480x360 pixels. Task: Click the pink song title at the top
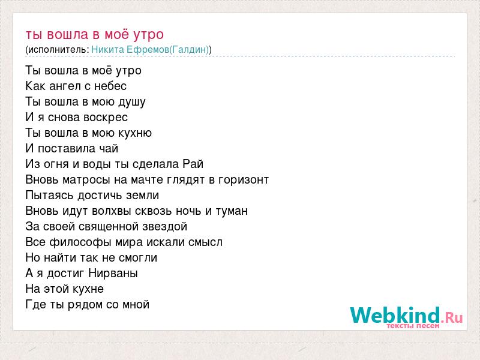pyautogui.click(x=95, y=35)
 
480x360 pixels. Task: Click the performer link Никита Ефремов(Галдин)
pyautogui.click(x=150, y=50)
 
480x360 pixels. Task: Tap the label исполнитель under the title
pyautogui.click(x=58, y=50)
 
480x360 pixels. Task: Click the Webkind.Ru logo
pyautogui.click(x=406, y=317)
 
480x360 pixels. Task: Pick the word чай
pyautogui.click(x=109, y=149)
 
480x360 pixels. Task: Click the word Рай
pyautogui.click(x=193, y=164)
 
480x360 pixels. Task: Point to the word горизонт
pyautogui.click(x=244, y=180)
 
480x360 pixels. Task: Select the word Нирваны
pyautogui.click(x=113, y=274)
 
